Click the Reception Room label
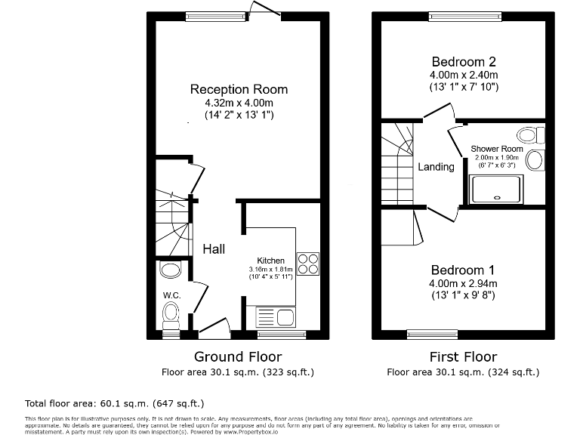pyautogui.click(x=239, y=89)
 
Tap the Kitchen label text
pyautogui.click(x=271, y=261)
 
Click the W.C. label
pyautogui.click(x=170, y=294)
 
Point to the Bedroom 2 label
pyautogui.click(x=464, y=61)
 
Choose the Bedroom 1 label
pyautogui.click(x=463, y=270)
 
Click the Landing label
pyautogui.click(x=437, y=167)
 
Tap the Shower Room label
pyautogui.click(x=496, y=149)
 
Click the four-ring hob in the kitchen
pyautogui.click(x=308, y=263)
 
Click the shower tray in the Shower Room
pyautogui.click(x=496, y=189)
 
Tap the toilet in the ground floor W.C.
pyautogui.click(x=171, y=312)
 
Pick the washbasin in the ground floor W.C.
pyautogui.click(x=171, y=270)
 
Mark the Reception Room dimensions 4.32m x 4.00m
pyautogui.click(x=239, y=103)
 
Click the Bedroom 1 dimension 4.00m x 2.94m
pyautogui.click(x=463, y=283)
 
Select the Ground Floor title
pyautogui.click(x=238, y=356)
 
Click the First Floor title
pyautogui.click(x=463, y=356)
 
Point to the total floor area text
pyautogui.click(x=115, y=403)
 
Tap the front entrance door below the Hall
pyautogui.click(x=214, y=328)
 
